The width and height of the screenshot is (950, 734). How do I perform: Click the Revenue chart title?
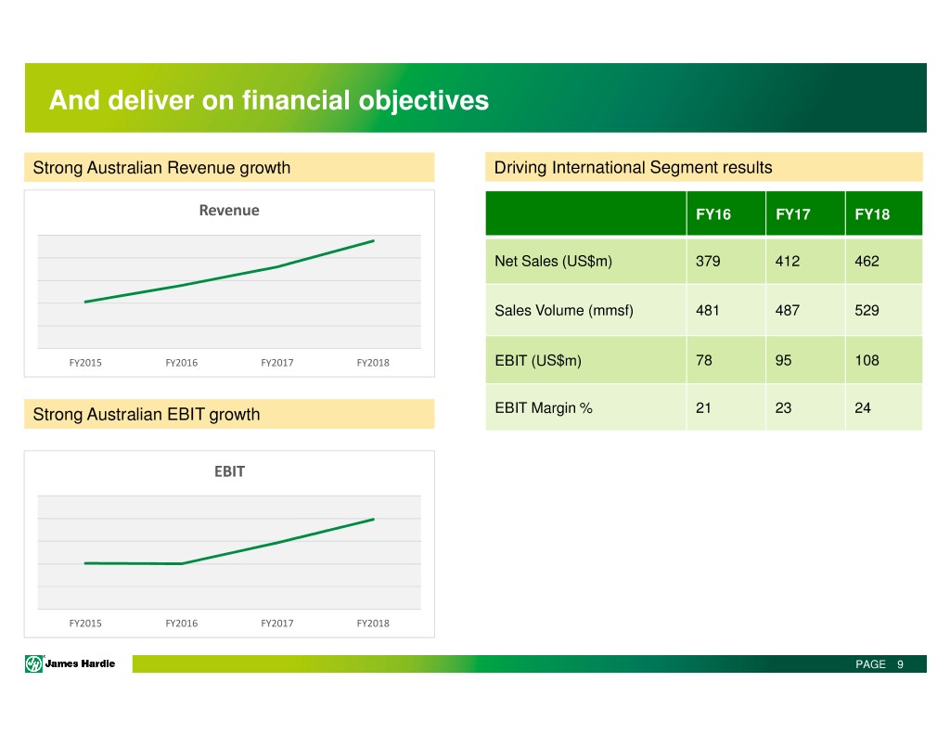(x=229, y=211)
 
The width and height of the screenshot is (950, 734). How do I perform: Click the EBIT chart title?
(x=229, y=471)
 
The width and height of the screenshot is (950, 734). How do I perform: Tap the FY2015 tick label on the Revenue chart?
(x=85, y=363)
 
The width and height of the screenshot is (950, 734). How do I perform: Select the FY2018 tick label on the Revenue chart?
(x=373, y=363)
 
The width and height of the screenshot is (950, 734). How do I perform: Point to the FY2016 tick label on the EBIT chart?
(x=181, y=624)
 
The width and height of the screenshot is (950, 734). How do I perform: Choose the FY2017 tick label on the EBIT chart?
(x=277, y=624)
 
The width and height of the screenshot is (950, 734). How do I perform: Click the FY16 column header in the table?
(x=713, y=214)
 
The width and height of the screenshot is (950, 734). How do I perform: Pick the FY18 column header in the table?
(x=872, y=214)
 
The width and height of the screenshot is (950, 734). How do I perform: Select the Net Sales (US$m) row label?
(x=553, y=262)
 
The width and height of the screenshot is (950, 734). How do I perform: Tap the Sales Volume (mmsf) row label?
(x=564, y=311)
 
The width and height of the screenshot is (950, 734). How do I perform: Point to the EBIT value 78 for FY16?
(x=704, y=360)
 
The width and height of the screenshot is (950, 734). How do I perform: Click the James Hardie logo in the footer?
(x=71, y=663)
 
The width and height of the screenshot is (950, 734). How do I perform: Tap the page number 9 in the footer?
(x=900, y=664)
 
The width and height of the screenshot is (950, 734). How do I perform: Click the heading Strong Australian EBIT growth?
(x=147, y=415)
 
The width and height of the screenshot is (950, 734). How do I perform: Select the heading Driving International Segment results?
(x=633, y=168)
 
